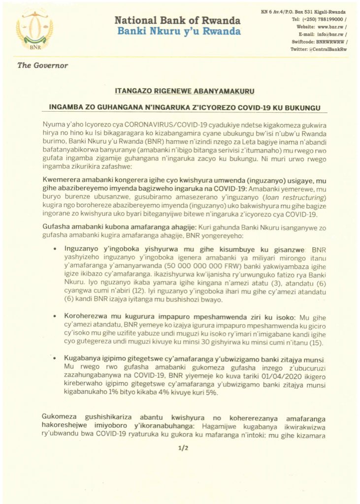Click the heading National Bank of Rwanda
(x=178, y=21)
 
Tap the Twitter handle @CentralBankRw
(x=319, y=50)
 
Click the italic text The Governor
(x=43, y=65)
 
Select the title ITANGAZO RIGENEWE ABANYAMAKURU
(x=180, y=92)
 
